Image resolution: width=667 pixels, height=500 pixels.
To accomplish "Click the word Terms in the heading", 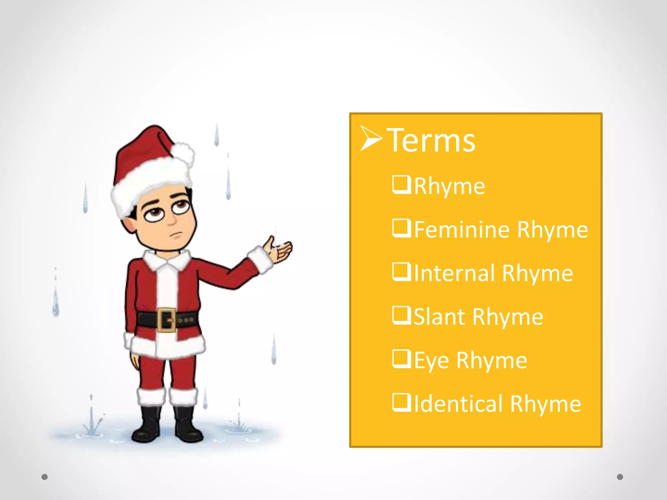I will [431, 141].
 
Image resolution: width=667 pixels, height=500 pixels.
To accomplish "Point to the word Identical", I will [459, 404].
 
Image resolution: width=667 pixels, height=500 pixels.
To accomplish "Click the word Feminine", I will [462, 229].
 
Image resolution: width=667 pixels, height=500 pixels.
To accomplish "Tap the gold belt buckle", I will [167, 320].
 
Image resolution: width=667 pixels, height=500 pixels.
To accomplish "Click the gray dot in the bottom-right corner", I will [620, 477].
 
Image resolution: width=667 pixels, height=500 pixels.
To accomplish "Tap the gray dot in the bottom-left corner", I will [45, 477].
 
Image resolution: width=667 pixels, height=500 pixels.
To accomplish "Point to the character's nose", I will [171, 220].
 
